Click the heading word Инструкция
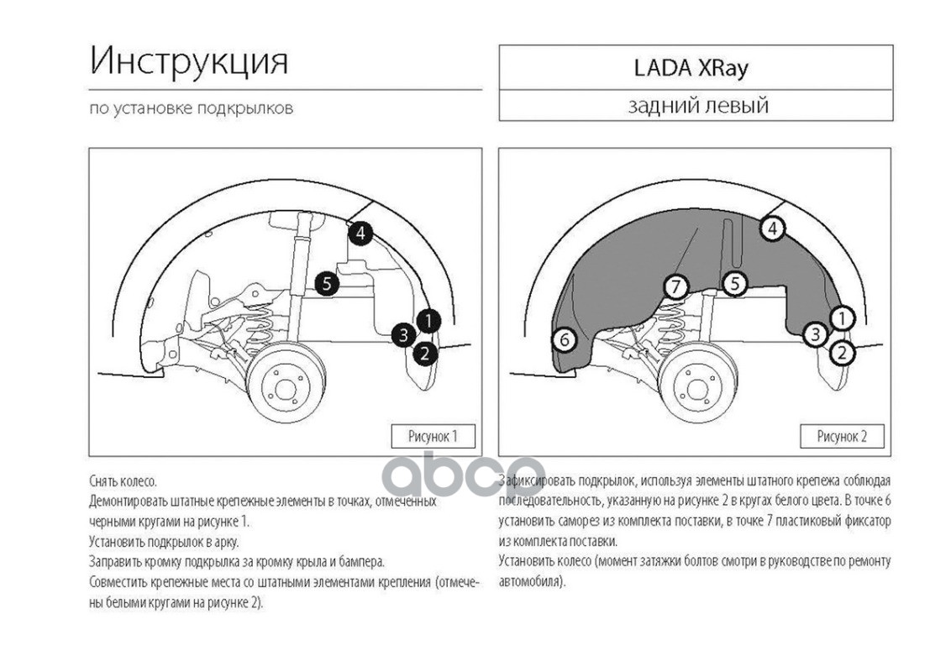[188, 61]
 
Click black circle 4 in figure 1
[360, 233]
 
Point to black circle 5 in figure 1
[327, 284]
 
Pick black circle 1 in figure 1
[428, 320]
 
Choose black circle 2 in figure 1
[425, 353]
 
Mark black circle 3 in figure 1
[403, 334]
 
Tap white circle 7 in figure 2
[675, 287]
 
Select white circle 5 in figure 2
[734, 284]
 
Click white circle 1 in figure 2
[842, 318]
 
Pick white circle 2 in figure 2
[842, 353]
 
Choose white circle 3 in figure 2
[814, 334]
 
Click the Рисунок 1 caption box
[433, 436]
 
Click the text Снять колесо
[123, 481]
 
